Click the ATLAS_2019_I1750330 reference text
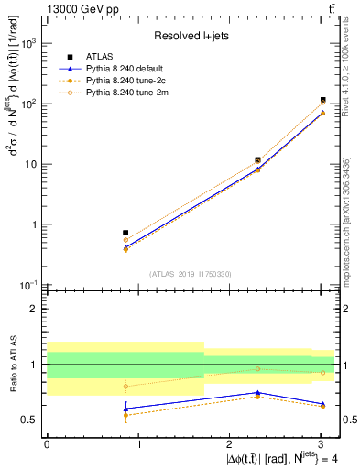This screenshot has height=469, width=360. [191, 273]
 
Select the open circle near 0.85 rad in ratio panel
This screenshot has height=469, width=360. [125, 387]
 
